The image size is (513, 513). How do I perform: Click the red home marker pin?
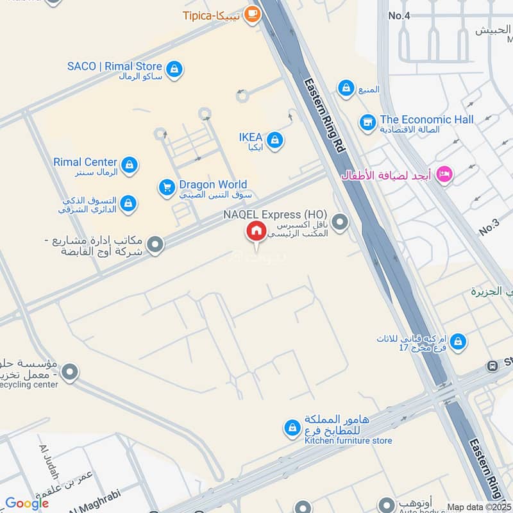[256, 231]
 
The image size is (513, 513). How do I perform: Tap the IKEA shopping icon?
[275, 140]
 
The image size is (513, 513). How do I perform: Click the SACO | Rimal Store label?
[114, 66]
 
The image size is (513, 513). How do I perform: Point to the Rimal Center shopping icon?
[130, 165]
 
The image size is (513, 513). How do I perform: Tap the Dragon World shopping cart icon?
[167, 187]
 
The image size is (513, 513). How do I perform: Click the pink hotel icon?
[444, 174]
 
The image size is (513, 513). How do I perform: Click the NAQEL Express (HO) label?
[275, 214]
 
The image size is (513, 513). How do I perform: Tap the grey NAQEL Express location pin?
[340, 223]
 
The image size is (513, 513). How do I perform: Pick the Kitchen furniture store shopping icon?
[292, 428]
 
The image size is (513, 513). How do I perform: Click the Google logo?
[27, 503]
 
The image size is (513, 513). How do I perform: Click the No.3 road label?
[489, 227]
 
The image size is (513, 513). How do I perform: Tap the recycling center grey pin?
[69, 371]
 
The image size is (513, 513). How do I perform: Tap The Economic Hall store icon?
[367, 122]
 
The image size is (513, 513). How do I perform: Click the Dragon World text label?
[213, 185]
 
